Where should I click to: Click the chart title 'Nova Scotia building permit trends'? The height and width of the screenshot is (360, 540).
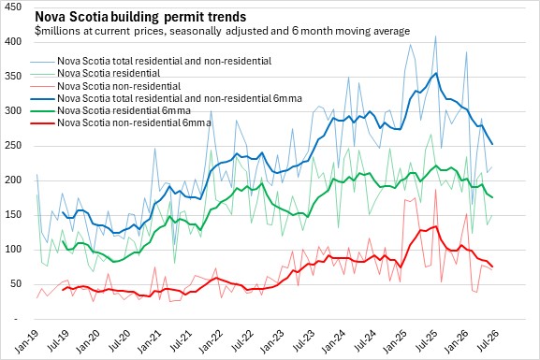(x=140, y=17)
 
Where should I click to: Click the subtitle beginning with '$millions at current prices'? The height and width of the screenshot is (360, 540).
(x=223, y=31)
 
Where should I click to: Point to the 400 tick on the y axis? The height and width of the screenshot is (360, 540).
(x=14, y=42)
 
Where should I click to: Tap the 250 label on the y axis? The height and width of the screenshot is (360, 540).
(x=14, y=146)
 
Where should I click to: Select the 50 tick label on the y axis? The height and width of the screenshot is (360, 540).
(x=16, y=284)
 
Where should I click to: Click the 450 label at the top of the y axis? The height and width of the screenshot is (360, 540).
(x=14, y=7)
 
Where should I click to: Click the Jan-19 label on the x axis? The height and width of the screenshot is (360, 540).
(x=27, y=341)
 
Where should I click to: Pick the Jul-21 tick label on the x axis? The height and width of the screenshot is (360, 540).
(x=181, y=341)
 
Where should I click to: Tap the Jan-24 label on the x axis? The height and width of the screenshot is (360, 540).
(x=333, y=341)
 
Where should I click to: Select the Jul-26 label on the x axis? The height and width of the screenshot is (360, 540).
(x=487, y=341)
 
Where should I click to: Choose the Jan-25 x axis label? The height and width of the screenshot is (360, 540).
(x=395, y=341)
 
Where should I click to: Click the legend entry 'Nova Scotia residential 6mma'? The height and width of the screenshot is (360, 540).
(x=124, y=111)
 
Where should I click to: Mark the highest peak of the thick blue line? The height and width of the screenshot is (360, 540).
(x=436, y=73)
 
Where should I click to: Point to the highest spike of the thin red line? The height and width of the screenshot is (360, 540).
(x=436, y=190)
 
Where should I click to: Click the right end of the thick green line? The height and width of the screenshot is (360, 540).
(x=492, y=197)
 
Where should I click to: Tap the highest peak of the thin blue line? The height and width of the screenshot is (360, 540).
(x=436, y=36)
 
